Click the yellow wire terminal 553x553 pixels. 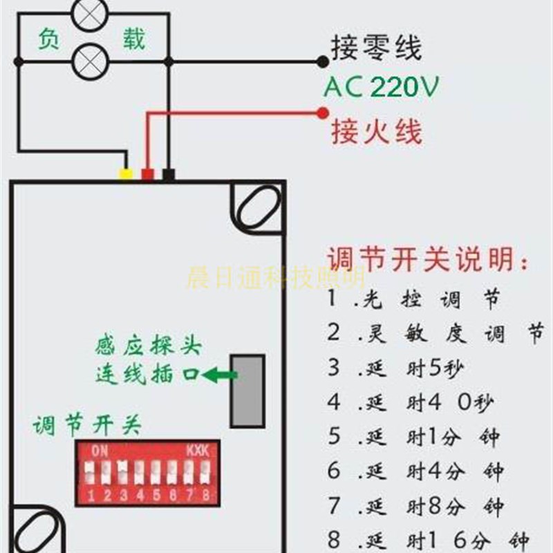click(125, 174)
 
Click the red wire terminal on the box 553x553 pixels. click(147, 174)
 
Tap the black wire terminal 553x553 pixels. click(168, 174)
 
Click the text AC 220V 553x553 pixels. click(382, 88)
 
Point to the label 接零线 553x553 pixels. click(376, 49)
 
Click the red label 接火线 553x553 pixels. click(376, 131)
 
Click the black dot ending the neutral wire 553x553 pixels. click(322, 62)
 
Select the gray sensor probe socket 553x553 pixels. click(247, 391)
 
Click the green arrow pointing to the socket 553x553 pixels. click(220, 375)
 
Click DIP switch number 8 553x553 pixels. click(205, 474)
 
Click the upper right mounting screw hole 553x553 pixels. click(257, 207)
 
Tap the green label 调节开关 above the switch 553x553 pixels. click(86, 425)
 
